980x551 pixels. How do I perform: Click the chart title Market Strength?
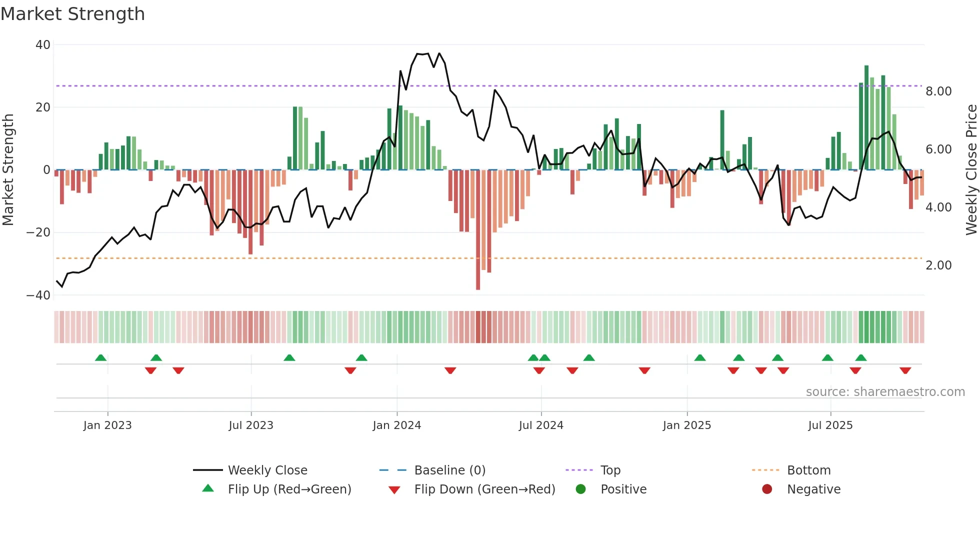73,14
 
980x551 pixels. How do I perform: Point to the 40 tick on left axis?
43,45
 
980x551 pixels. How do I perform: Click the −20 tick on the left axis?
38,232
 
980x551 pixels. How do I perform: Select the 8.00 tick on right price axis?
938,91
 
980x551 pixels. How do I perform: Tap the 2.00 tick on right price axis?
938,265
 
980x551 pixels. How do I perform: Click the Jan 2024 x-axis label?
397,425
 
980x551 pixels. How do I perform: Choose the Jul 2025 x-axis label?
830,425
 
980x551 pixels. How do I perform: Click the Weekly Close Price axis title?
971,170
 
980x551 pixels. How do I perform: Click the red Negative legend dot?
767,489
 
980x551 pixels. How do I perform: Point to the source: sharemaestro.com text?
885,392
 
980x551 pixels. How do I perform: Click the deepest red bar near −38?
478,230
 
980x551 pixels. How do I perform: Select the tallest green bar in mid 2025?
866,117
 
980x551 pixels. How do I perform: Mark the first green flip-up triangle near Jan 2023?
100,357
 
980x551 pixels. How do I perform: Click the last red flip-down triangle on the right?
905,370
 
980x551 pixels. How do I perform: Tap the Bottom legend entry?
808,470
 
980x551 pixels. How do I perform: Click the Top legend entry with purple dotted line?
610,470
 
